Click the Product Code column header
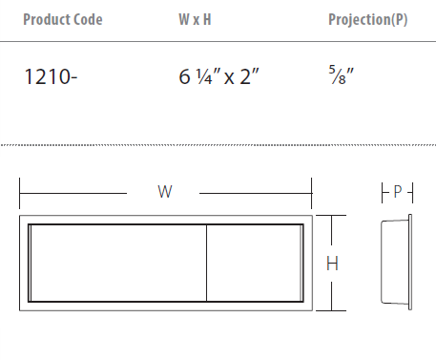[x=63, y=20]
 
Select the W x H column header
[x=195, y=19]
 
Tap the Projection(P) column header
[x=368, y=20]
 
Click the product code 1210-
[x=51, y=77]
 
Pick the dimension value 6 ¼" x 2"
[x=218, y=76]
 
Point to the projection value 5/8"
[x=342, y=75]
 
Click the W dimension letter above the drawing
[x=165, y=192]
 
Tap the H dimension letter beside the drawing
[x=332, y=264]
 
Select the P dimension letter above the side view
[x=398, y=191]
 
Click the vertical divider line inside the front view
[x=206, y=263]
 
